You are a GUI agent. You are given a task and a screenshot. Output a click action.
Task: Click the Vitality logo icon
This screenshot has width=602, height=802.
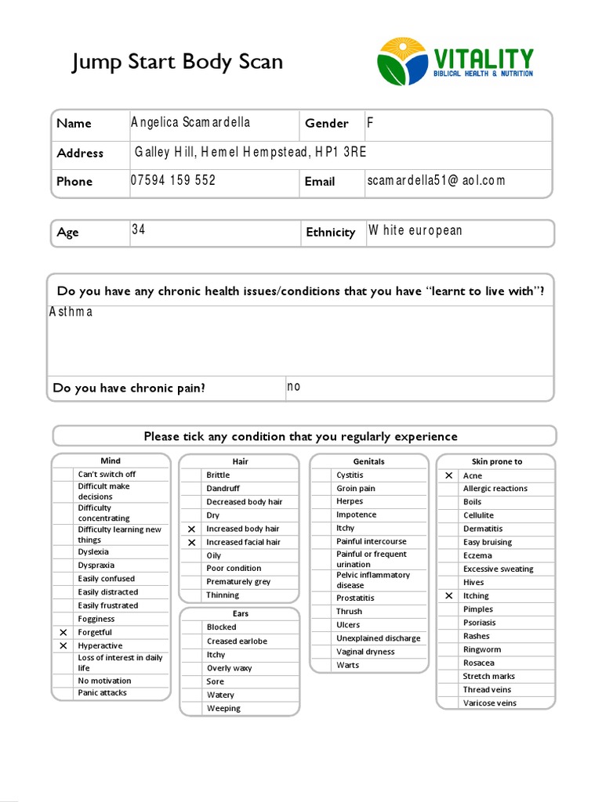pyautogui.click(x=402, y=61)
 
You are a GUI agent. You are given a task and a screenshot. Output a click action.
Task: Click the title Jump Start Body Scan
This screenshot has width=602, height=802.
pyautogui.click(x=177, y=62)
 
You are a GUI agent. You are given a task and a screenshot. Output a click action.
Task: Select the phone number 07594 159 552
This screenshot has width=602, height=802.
pyautogui.click(x=172, y=180)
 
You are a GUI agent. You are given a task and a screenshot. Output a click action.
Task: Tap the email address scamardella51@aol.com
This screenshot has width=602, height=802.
pyautogui.click(x=436, y=180)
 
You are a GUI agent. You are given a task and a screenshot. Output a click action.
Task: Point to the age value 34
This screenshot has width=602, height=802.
pyautogui.click(x=139, y=230)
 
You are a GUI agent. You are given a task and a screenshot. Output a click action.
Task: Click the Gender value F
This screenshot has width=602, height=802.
pyautogui.click(x=371, y=122)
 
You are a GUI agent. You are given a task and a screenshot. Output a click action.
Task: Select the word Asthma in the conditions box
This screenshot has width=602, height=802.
pyautogui.click(x=71, y=312)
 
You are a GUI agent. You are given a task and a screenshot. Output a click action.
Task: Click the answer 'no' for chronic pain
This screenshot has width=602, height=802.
pyautogui.click(x=293, y=386)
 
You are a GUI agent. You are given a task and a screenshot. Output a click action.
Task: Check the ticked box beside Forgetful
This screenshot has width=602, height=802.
pyautogui.click(x=63, y=632)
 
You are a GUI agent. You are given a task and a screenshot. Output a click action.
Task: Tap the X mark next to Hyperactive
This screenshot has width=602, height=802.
pyautogui.click(x=63, y=645)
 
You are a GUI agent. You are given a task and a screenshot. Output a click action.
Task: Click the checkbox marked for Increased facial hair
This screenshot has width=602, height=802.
pyautogui.click(x=192, y=542)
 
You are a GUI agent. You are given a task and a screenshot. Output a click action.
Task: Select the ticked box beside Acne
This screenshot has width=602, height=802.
pyautogui.click(x=448, y=475)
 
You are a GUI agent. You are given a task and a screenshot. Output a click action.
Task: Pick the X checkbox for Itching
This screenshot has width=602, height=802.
pyautogui.click(x=448, y=596)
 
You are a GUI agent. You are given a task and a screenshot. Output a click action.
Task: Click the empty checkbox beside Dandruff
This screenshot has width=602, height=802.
pyautogui.click(x=192, y=489)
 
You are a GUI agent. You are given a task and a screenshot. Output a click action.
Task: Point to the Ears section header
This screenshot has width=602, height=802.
pyautogui.click(x=240, y=614)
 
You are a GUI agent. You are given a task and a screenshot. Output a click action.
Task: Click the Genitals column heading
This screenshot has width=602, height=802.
pyautogui.click(x=368, y=461)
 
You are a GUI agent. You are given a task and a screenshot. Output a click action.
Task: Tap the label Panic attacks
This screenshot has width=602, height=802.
pyautogui.click(x=102, y=693)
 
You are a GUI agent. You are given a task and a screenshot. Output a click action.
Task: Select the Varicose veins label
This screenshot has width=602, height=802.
pyautogui.click(x=489, y=703)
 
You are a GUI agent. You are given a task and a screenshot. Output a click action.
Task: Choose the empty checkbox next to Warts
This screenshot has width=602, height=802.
pyautogui.click(x=321, y=666)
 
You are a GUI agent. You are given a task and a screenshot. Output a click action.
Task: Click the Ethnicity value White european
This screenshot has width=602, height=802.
pyautogui.click(x=415, y=230)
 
